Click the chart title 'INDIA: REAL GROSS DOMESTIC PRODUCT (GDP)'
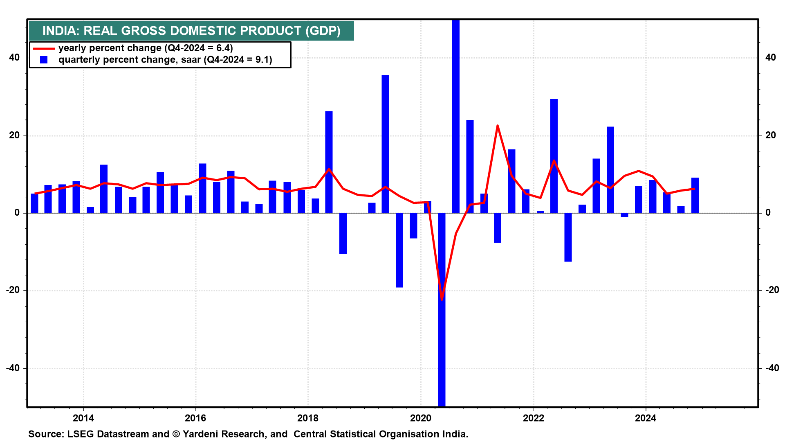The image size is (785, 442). [191, 31]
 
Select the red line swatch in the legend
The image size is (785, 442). [43, 49]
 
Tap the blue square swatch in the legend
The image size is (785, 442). [44, 60]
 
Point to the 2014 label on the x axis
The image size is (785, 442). [83, 418]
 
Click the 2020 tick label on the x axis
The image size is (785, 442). [421, 418]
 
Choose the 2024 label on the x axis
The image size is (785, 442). [646, 418]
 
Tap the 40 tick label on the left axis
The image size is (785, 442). [14, 57]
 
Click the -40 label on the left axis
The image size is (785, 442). [13, 368]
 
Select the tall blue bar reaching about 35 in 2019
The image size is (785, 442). [385, 144]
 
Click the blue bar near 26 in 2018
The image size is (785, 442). [329, 162]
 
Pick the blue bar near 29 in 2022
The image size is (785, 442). [554, 156]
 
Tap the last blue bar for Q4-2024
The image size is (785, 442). [695, 195]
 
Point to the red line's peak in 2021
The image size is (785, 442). [498, 126]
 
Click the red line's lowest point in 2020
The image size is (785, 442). [442, 300]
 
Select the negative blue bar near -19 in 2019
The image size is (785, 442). [399, 250]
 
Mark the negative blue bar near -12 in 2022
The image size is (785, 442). [568, 237]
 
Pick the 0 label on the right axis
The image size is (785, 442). [768, 212]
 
